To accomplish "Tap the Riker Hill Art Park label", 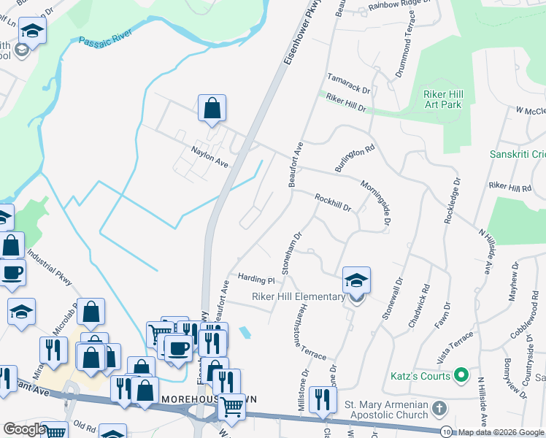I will click(443, 99).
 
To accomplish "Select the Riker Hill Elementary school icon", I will click(356, 280).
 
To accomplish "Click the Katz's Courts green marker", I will click(461, 376).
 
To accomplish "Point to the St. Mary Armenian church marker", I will click(438, 407).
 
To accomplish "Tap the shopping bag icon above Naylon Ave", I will click(212, 109).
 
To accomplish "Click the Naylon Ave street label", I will click(209, 155).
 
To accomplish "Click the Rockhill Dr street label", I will click(333, 201).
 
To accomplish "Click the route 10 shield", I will click(446, 432).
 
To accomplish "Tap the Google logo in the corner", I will click(24, 429).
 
